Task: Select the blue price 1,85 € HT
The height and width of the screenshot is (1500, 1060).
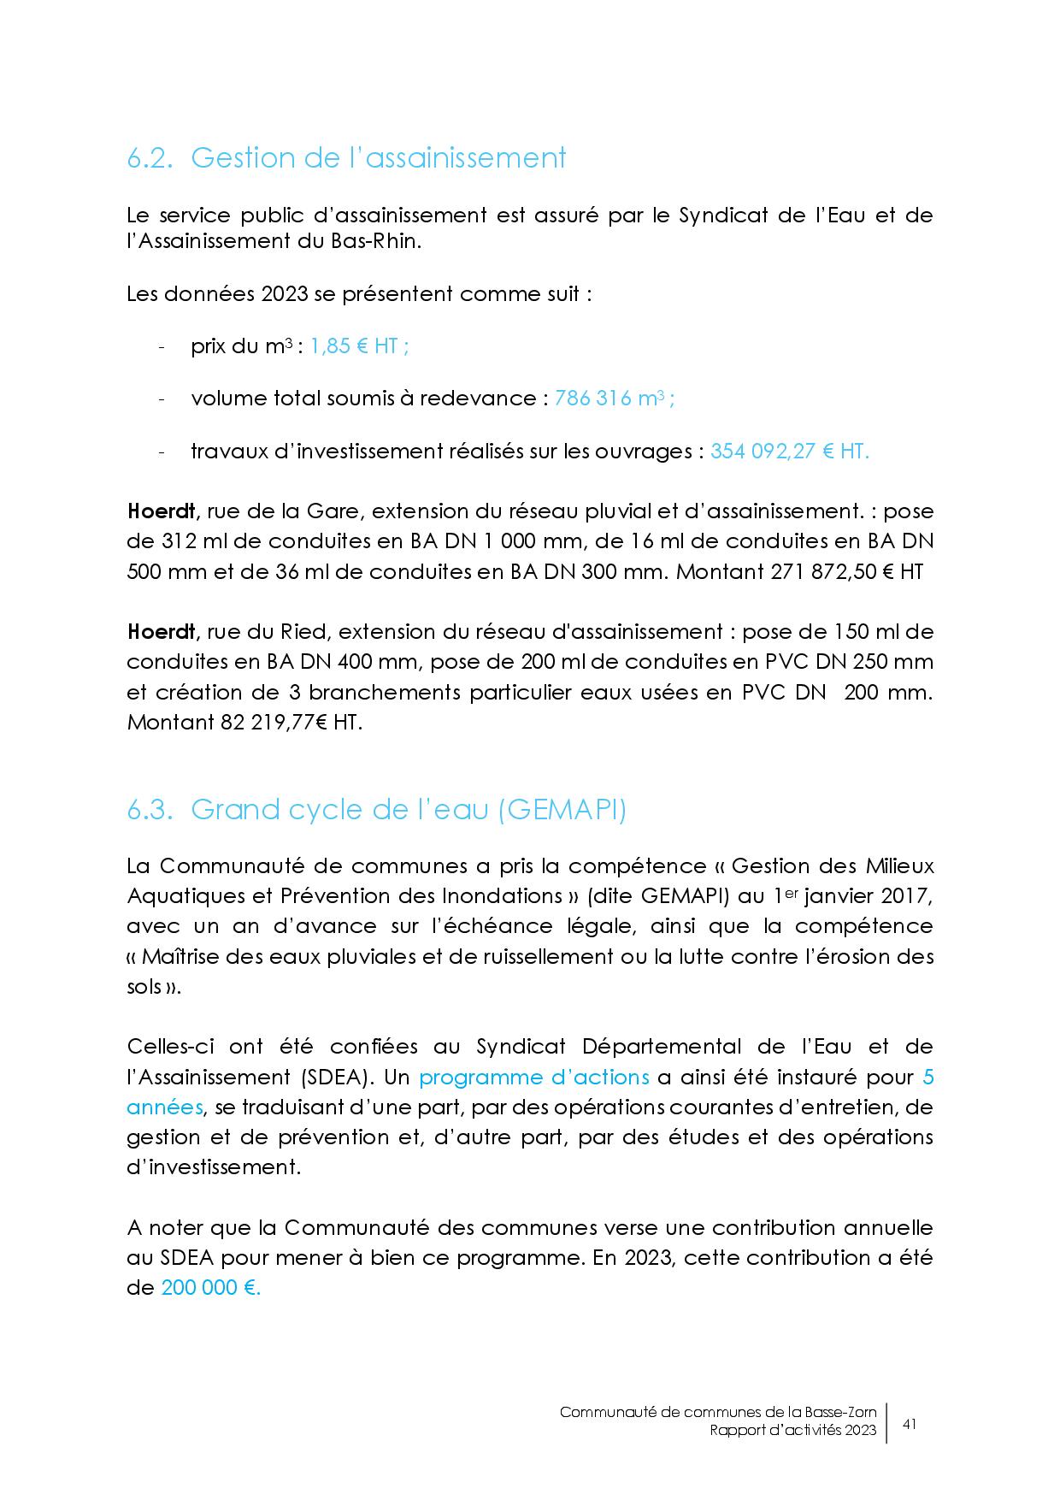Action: (358, 346)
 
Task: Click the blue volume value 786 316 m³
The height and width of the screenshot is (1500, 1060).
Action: (614, 399)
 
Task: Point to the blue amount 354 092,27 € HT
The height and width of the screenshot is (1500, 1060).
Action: (789, 452)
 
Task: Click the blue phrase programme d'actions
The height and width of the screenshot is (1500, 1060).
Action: (533, 1078)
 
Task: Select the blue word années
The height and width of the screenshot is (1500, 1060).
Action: (164, 1107)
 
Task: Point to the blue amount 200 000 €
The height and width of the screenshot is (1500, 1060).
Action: (210, 1288)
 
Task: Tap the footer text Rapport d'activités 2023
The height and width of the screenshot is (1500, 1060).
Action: (792, 1431)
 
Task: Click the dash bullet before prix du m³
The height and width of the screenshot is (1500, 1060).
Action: (162, 347)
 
